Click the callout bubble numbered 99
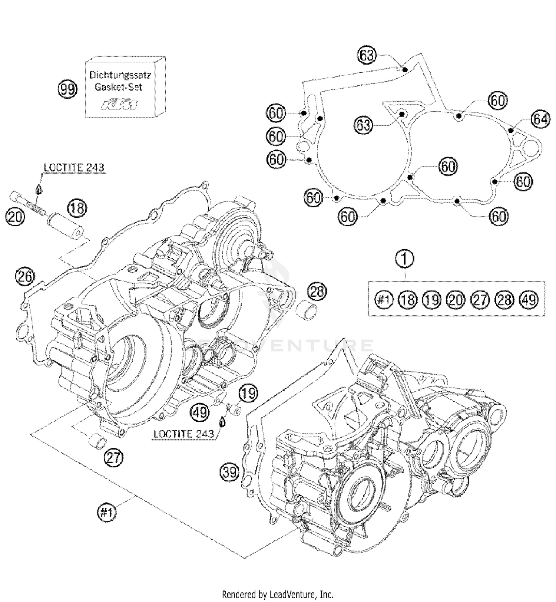[67, 90]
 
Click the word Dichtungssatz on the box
[120, 75]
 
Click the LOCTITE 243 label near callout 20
[74, 168]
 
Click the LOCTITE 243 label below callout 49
[183, 434]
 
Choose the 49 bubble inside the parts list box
[529, 299]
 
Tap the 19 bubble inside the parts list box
[432, 299]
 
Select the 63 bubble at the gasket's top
[367, 55]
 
